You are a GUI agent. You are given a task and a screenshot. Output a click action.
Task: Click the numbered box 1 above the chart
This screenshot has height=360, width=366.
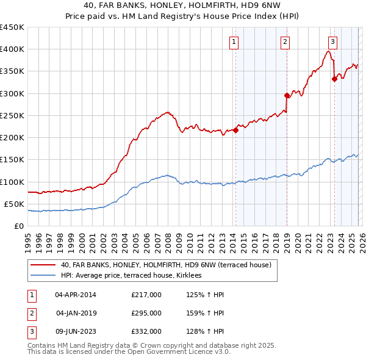coord(235,42)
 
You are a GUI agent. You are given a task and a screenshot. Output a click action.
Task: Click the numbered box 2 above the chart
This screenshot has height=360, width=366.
coord(285,42)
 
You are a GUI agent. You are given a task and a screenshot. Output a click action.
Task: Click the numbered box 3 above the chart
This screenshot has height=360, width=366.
coord(332,42)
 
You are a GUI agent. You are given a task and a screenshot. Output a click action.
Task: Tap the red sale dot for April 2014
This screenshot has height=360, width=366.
coord(235,130)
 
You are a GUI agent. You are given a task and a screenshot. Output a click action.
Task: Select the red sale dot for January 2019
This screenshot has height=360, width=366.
coord(287,95)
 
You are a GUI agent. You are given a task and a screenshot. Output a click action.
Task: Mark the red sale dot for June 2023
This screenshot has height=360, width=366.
coord(334,79)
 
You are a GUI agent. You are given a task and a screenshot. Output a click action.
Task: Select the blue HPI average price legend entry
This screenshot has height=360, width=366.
coord(135,276)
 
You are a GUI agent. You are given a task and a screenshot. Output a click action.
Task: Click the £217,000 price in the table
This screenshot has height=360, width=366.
coord(146,295)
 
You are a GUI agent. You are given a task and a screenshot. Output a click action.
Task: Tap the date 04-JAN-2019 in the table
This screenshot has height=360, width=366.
coord(76,313)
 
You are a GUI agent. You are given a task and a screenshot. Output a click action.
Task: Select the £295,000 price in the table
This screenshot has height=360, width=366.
coord(146,313)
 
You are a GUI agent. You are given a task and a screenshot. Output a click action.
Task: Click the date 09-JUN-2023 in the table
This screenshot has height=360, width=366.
coord(76,331)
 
